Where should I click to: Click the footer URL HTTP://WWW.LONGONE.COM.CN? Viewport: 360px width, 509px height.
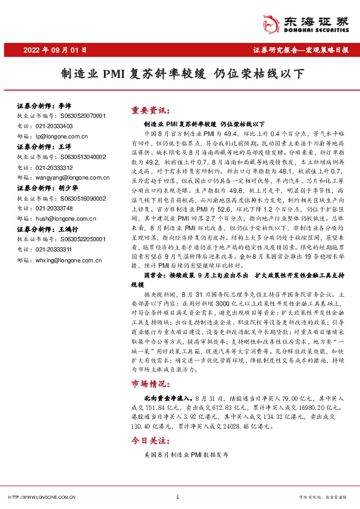pos(42,497)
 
